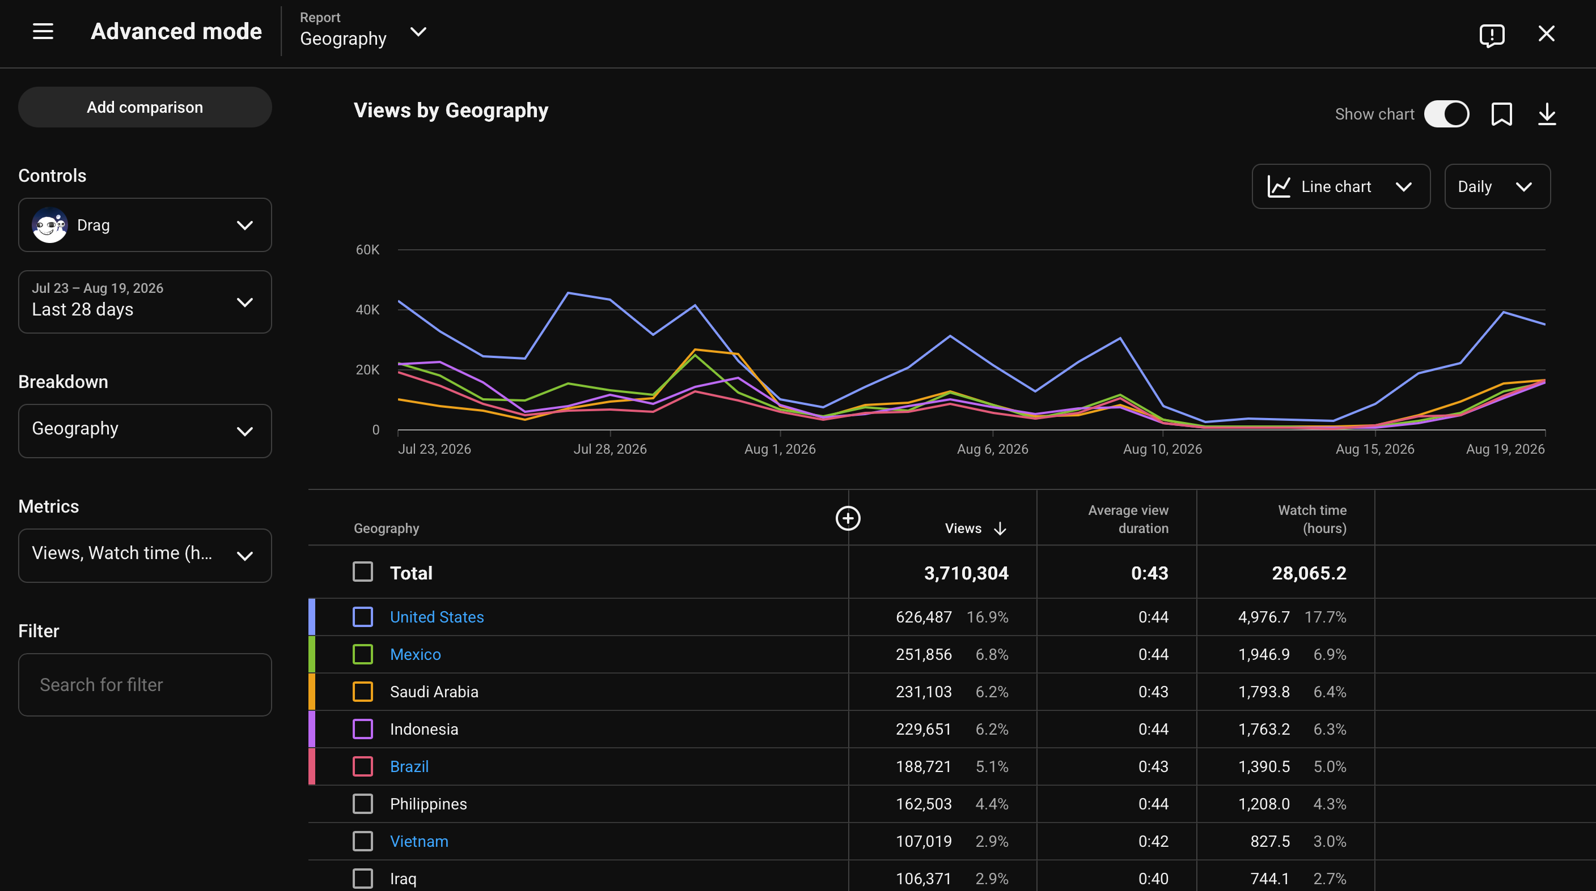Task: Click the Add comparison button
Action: pos(145,107)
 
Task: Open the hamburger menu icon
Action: pos(43,32)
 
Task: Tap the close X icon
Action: pos(1547,33)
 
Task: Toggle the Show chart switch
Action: pos(1446,114)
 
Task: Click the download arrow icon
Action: pos(1547,114)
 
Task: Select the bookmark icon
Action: pos(1501,114)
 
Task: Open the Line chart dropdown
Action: pos(1341,186)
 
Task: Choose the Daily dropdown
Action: pos(1497,186)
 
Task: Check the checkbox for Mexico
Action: pos(362,654)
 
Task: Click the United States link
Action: pos(437,617)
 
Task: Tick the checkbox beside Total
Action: pos(362,572)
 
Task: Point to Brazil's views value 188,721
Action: pos(923,766)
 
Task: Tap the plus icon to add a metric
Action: pos(848,518)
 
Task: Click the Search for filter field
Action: pos(145,685)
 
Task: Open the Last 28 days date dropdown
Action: pos(145,302)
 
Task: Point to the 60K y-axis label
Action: pos(367,250)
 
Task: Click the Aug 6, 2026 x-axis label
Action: pos(993,449)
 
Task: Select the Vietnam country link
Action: pos(419,842)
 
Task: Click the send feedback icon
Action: pos(1492,35)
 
